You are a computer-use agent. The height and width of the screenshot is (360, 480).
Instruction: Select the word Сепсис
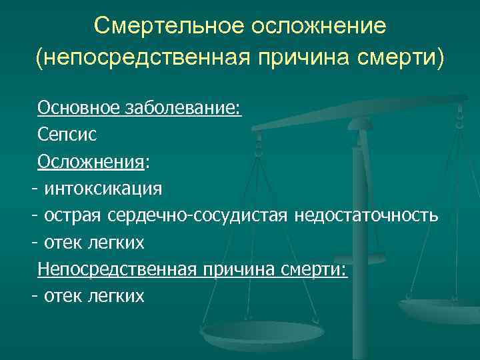(67, 134)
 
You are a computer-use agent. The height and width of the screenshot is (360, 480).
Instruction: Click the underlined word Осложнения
(91, 161)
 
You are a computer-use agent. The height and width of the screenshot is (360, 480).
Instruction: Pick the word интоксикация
(103, 188)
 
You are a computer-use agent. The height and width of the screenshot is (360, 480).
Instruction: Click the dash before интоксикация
(33, 189)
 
